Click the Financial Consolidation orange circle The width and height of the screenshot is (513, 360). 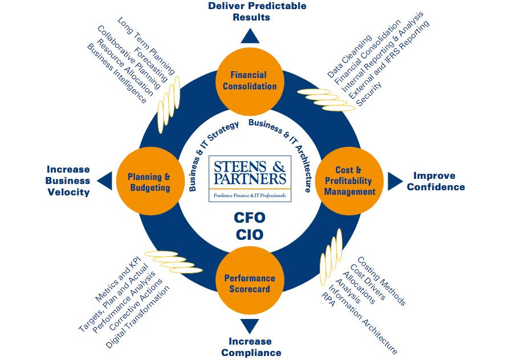[250, 80]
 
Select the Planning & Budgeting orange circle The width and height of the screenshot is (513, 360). [143, 182]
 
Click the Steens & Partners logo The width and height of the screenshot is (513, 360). [250, 178]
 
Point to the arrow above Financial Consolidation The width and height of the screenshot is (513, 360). [250, 36]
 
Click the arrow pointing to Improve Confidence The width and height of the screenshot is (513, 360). [394, 181]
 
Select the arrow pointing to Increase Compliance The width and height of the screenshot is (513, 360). [250, 326]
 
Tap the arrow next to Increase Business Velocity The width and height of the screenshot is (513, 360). [104, 181]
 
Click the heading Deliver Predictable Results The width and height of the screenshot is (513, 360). [249, 11]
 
